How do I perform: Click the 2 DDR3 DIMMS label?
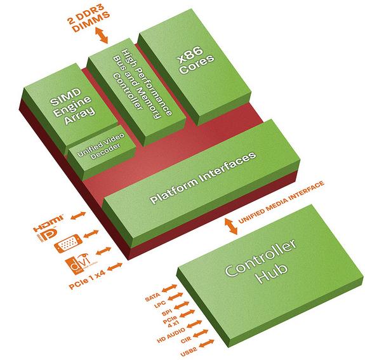coord(88,20)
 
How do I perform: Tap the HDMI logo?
coord(48,223)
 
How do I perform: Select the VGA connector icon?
coord(68,243)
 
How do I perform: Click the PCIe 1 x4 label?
coord(87,279)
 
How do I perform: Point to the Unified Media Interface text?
coord(281,202)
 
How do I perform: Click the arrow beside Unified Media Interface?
coord(231,226)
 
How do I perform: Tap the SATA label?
coord(152,297)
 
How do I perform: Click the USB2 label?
coord(189,351)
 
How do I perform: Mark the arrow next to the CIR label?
coord(201,333)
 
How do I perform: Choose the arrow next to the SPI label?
coord(181,305)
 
